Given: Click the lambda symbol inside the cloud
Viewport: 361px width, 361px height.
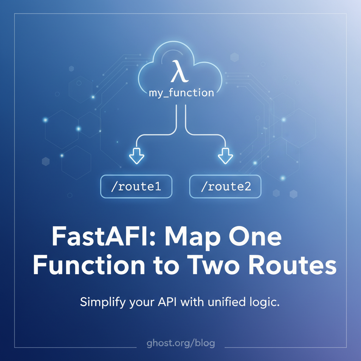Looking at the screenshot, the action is coord(179,71).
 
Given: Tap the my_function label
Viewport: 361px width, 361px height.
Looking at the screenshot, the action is coord(182,93).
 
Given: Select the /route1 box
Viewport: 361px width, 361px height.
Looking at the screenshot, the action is coord(136,186).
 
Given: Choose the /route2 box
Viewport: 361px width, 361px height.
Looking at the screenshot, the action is coord(225,186).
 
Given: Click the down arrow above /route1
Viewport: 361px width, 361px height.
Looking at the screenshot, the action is coord(137,156).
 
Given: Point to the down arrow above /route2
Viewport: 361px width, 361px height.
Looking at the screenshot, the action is coord(225,156).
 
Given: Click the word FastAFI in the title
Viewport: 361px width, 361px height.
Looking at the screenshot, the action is coord(104,237).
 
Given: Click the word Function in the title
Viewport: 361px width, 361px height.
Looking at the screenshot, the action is coord(89,264).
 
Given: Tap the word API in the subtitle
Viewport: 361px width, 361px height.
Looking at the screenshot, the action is coord(167,302).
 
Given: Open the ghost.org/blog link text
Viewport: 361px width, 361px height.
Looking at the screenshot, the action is coord(181,343).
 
